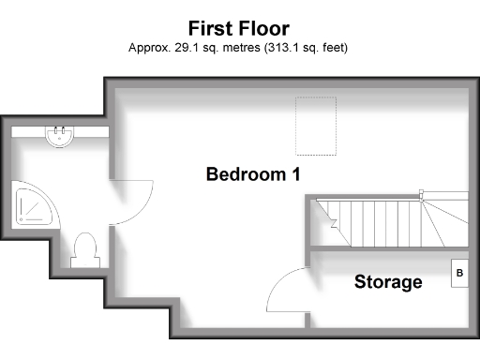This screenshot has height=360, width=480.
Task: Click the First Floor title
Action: pos(238,27)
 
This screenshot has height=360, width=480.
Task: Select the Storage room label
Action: pos(387,281)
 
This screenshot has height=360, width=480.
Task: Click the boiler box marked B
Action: pos(459,274)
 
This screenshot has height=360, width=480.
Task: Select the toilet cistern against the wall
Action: pos(84,262)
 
